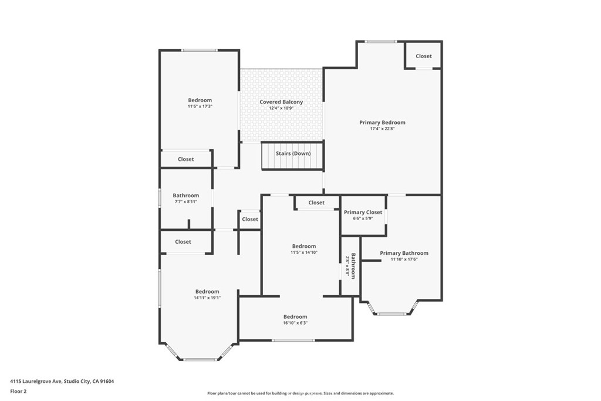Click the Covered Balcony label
[x=281, y=102]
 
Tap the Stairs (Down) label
[x=293, y=153]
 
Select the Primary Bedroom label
[x=382, y=123]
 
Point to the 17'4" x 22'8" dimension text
[x=382, y=129]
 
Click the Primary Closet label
[x=363, y=213]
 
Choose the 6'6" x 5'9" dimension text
[x=363, y=218]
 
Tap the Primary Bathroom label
[x=404, y=253]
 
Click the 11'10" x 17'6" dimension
[x=404, y=259]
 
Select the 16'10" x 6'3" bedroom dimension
[x=295, y=323]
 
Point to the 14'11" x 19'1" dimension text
[x=207, y=298]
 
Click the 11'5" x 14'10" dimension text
[x=304, y=252]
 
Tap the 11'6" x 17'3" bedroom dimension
[x=200, y=107]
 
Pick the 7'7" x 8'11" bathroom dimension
[x=186, y=201]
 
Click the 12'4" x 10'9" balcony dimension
[x=281, y=108]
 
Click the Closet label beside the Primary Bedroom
[x=424, y=56]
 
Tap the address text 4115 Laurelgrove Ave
[x=36, y=382]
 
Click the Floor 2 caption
[x=18, y=392]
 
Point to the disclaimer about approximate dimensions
[x=300, y=393]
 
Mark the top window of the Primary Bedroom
[x=380, y=42]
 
